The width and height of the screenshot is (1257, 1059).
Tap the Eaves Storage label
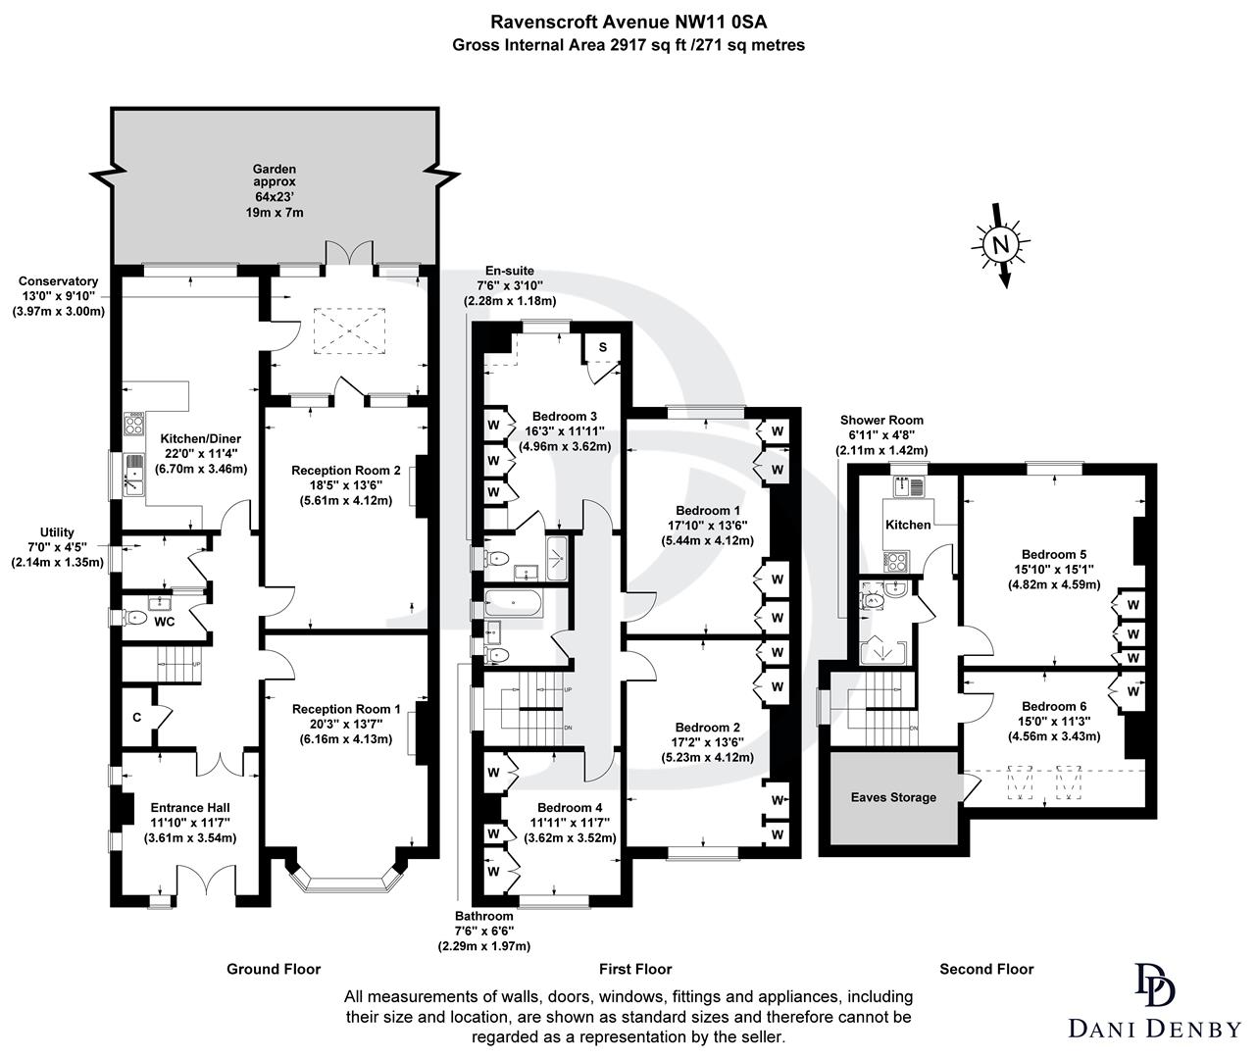(892, 797)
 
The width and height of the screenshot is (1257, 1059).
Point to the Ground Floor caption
(274, 969)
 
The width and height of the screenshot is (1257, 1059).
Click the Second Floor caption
(986, 969)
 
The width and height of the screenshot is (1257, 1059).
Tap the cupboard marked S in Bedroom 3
(602, 347)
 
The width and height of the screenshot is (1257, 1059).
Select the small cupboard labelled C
(137, 717)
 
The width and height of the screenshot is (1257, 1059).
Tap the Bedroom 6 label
(1054, 706)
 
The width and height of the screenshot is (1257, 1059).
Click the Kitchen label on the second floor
(908, 525)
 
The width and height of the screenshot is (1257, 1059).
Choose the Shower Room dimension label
(880, 435)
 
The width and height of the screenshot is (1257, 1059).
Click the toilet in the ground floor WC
(133, 618)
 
